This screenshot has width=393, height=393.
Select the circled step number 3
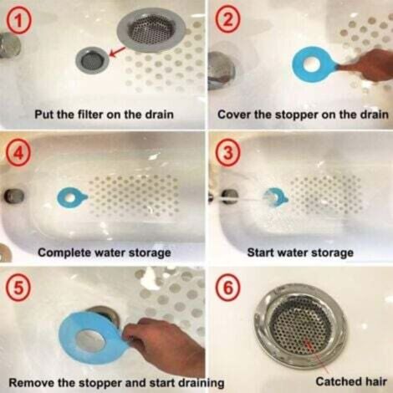pyautogui.click(x=227, y=152)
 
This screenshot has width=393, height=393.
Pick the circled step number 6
pyautogui.click(x=227, y=287)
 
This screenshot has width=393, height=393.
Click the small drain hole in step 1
pyautogui.click(x=92, y=59)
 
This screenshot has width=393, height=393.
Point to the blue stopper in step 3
pyautogui.click(x=274, y=197)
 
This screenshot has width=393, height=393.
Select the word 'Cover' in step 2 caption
pyautogui.click(x=236, y=113)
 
